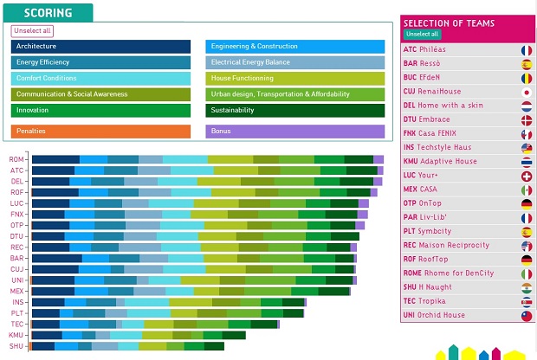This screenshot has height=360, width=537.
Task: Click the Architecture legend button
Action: point(100,47)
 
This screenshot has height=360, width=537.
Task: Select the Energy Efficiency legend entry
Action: point(100,62)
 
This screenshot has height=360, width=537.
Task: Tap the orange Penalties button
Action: point(100,131)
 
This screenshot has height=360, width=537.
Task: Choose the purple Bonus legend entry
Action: point(295,131)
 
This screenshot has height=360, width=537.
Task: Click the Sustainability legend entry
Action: point(295,110)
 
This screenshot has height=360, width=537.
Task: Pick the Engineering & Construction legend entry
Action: point(295,47)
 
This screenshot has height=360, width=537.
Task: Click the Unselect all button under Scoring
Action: point(32,30)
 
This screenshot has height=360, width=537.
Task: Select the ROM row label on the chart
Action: point(16,159)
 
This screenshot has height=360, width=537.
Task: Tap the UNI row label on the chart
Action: point(16,280)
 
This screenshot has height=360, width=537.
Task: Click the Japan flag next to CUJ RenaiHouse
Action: point(526,92)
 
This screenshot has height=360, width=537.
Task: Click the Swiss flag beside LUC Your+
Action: point(526,176)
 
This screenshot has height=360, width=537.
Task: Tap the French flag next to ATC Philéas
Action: point(526,50)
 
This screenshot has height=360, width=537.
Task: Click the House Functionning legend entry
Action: point(295,78)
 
